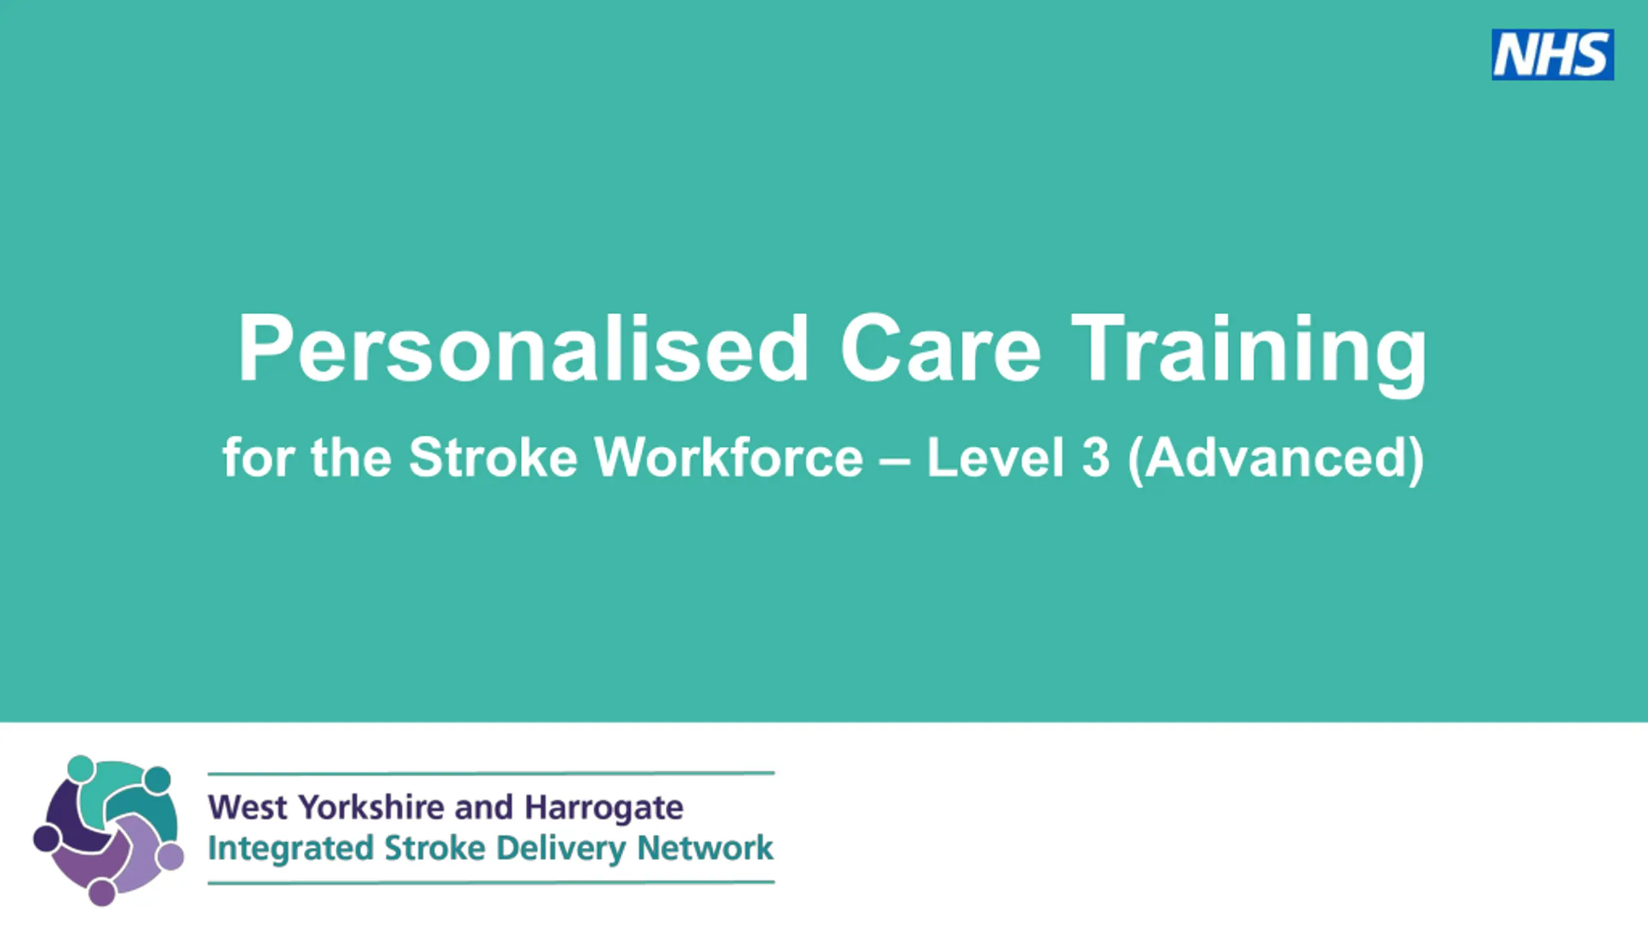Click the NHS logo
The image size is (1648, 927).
pyautogui.click(x=1553, y=55)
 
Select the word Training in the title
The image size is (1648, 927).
pyautogui.click(x=1249, y=355)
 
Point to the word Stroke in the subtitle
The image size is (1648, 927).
pyautogui.click(x=493, y=457)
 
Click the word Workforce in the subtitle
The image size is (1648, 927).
pyautogui.click(x=729, y=457)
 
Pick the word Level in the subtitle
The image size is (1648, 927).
pyautogui.click(x=995, y=457)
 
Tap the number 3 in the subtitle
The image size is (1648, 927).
pyautogui.click(x=1096, y=457)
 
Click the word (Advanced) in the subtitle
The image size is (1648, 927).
pyautogui.click(x=1276, y=460)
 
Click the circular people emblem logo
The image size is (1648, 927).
pyautogui.click(x=108, y=830)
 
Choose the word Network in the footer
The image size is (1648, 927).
pyautogui.click(x=705, y=848)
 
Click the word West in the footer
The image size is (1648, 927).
pyautogui.click(x=248, y=807)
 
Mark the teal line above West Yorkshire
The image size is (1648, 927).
pyautogui.click(x=491, y=773)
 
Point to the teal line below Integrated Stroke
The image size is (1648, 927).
pyautogui.click(x=491, y=883)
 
